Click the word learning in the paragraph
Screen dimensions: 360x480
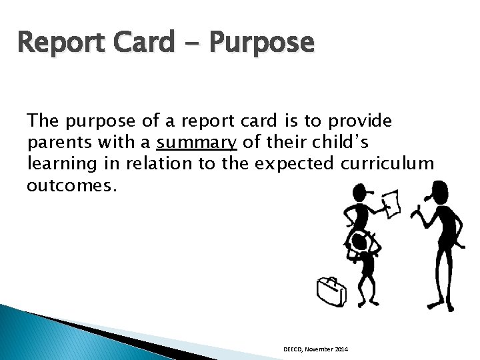55,164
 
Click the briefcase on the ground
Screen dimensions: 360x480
330,291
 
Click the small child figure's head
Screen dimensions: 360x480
360,241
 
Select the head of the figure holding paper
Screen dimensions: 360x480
355,195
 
